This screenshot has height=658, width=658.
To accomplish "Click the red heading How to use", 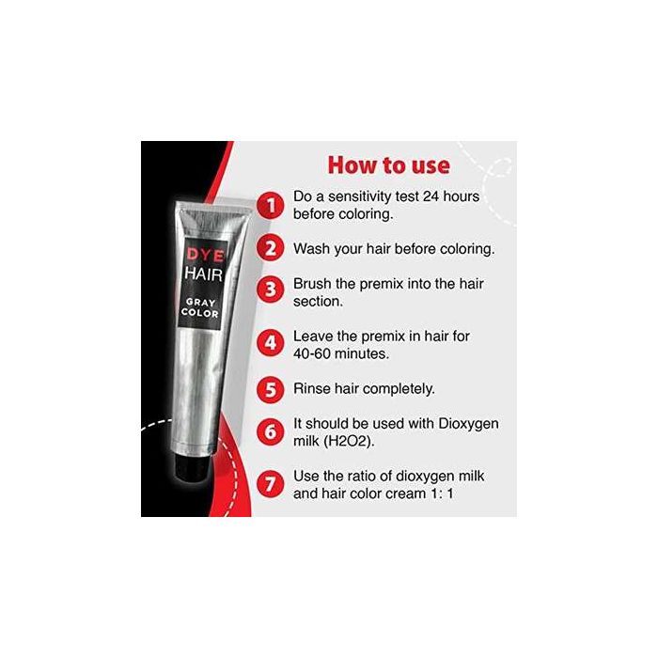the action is [x=388, y=164].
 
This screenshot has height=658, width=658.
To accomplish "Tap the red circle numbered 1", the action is [x=271, y=205].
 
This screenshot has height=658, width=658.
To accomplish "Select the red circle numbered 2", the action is [x=271, y=248].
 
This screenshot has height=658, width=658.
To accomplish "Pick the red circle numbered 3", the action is [x=271, y=290].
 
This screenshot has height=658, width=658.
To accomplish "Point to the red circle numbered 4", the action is [x=271, y=343].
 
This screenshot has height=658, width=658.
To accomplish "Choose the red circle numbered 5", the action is [x=271, y=389].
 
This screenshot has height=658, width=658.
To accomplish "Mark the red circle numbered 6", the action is [x=271, y=431].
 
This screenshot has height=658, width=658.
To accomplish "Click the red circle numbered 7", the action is [x=271, y=484].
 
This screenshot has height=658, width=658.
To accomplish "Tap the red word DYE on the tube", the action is [x=205, y=255].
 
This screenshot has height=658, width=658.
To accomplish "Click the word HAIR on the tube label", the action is [x=204, y=274].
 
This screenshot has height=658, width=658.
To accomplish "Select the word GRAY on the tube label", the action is [x=200, y=302].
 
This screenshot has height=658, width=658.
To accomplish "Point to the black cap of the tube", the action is [x=191, y=466].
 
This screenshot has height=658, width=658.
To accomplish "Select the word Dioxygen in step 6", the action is [x=468, y=424].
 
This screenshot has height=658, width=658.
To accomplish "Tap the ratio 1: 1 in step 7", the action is [x=442, y=493].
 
